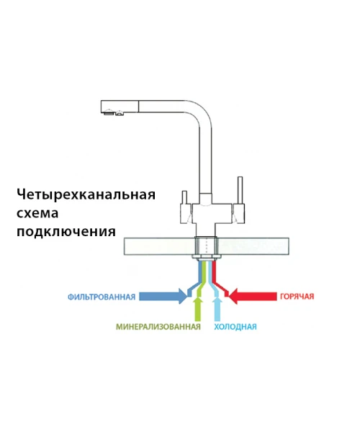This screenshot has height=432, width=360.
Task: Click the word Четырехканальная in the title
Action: tap(86, 195)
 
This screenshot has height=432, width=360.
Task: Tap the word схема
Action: tap(37, 213)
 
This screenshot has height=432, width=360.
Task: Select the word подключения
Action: tap(66, 232)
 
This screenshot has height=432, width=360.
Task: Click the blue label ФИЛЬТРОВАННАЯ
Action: tap(102, 297)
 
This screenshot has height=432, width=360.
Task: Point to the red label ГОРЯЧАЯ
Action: tap(297, 297)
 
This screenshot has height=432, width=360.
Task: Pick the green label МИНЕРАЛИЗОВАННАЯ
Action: tap(158, 327)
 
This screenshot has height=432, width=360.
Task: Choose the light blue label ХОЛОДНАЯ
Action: tap(235, 327)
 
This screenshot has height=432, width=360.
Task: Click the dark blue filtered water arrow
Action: tap(163, 297)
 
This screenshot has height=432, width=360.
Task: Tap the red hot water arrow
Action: tap(253, 297)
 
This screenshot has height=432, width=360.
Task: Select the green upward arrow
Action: tap(197, 308)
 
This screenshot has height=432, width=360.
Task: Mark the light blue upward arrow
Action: tap(217, 308)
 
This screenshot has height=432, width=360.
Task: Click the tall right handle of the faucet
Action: tap(240, 190)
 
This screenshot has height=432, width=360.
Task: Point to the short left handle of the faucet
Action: tap(184, 197)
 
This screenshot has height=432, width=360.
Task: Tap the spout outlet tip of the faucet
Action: tap(114, 112)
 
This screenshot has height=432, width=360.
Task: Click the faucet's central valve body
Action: tap(212, 214)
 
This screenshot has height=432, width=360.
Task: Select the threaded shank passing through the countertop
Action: tap(207, 246)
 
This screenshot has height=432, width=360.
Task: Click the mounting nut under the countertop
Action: tap(207, 258)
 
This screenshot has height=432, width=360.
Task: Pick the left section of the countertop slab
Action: tap(159, 246)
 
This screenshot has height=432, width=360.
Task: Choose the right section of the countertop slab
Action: tap(253, 246)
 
